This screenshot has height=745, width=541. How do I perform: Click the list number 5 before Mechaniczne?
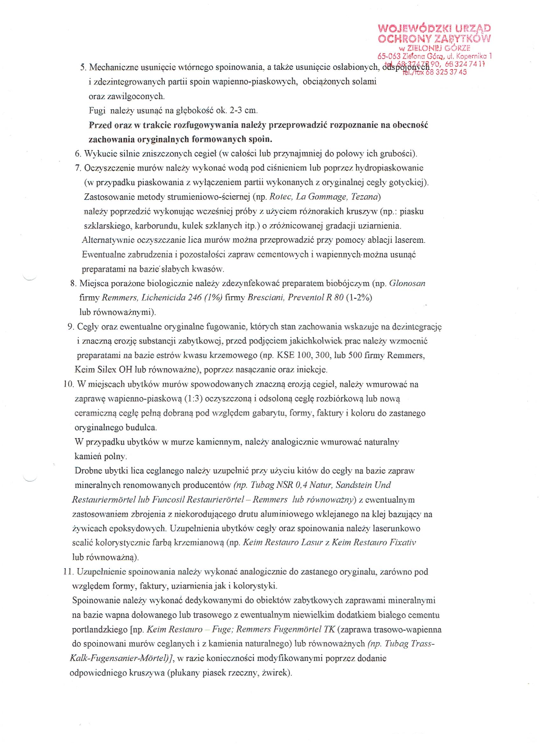[x=83, y=68]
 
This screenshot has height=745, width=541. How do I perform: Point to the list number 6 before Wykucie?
[x=78, y=153]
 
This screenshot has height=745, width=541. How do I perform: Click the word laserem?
[x=411, y=240]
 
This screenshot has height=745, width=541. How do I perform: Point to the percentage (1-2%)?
[x=359, y=298]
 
